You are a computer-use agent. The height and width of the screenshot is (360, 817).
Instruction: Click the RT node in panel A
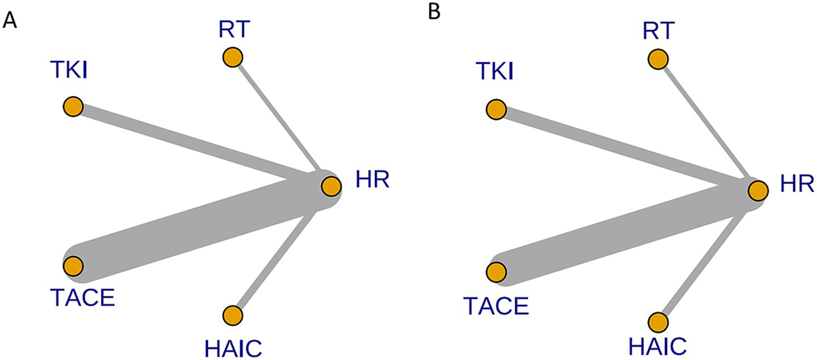point(232,57)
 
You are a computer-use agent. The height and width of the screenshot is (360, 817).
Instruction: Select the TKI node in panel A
point(73,107)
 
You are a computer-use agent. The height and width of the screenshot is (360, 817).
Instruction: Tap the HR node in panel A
point(331,185)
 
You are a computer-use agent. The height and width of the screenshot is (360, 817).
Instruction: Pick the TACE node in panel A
point(73,265)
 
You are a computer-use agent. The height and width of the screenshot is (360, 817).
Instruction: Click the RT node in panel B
point(658,58)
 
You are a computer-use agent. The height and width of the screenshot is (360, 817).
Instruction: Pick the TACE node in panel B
point(497,272)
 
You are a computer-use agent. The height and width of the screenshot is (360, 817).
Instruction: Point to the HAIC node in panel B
point(658,322)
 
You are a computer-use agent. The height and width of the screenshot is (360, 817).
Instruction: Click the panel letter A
point(10,21)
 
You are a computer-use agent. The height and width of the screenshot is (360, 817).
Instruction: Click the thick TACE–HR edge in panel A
point(198,227)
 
